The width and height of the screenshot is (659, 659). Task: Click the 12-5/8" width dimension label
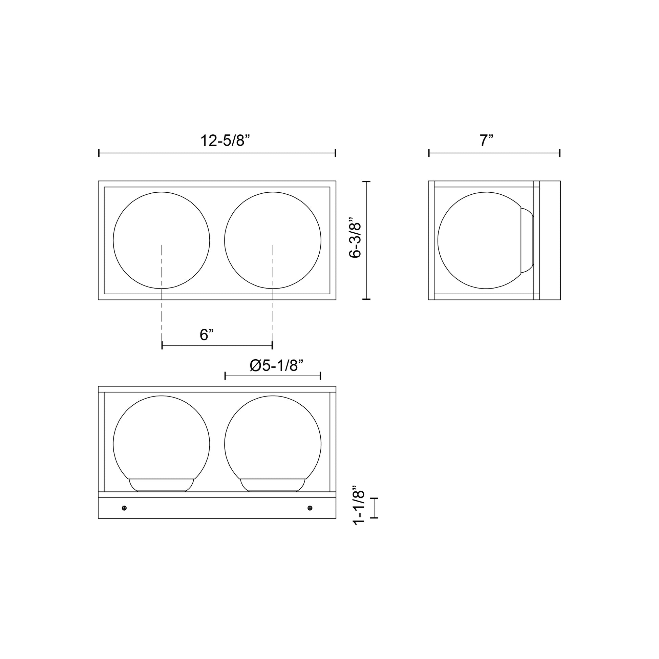click(x=225, y=141)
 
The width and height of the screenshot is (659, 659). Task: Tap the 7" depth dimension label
click(x=486, y=141)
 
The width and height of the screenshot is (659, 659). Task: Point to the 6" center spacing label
click(x=207, y=335)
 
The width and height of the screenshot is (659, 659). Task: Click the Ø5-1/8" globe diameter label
click(x=276, y=366)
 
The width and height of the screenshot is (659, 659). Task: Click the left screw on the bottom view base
click(x=124, y=508)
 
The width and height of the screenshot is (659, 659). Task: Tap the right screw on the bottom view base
click(x=310, y=508)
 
